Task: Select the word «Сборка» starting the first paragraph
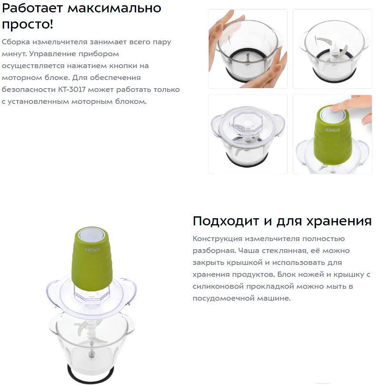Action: (x=16, y=42)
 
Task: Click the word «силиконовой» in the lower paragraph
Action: (x=218, y=286)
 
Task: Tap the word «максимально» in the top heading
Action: (x=114, y=8)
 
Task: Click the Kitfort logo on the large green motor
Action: (x=92, y=250)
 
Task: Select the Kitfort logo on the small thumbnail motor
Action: (x=333, y=130)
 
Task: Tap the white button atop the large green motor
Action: (x=92, y=233)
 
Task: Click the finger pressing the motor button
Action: (x=348, y=105)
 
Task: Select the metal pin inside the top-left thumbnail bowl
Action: (x=248, y=59)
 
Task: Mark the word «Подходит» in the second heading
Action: (x=226, y=221)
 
